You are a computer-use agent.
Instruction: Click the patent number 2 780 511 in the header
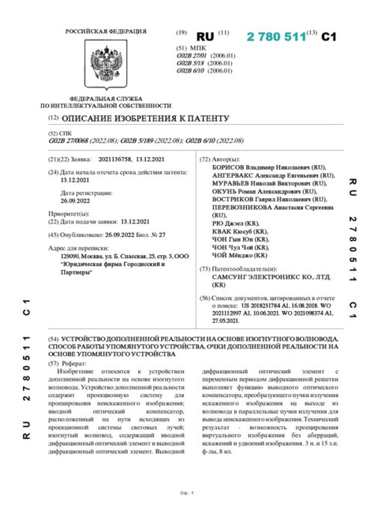pyautogui.click(x=277, y=36)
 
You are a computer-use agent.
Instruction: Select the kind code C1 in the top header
pyautogui.click(x=330, y=36)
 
